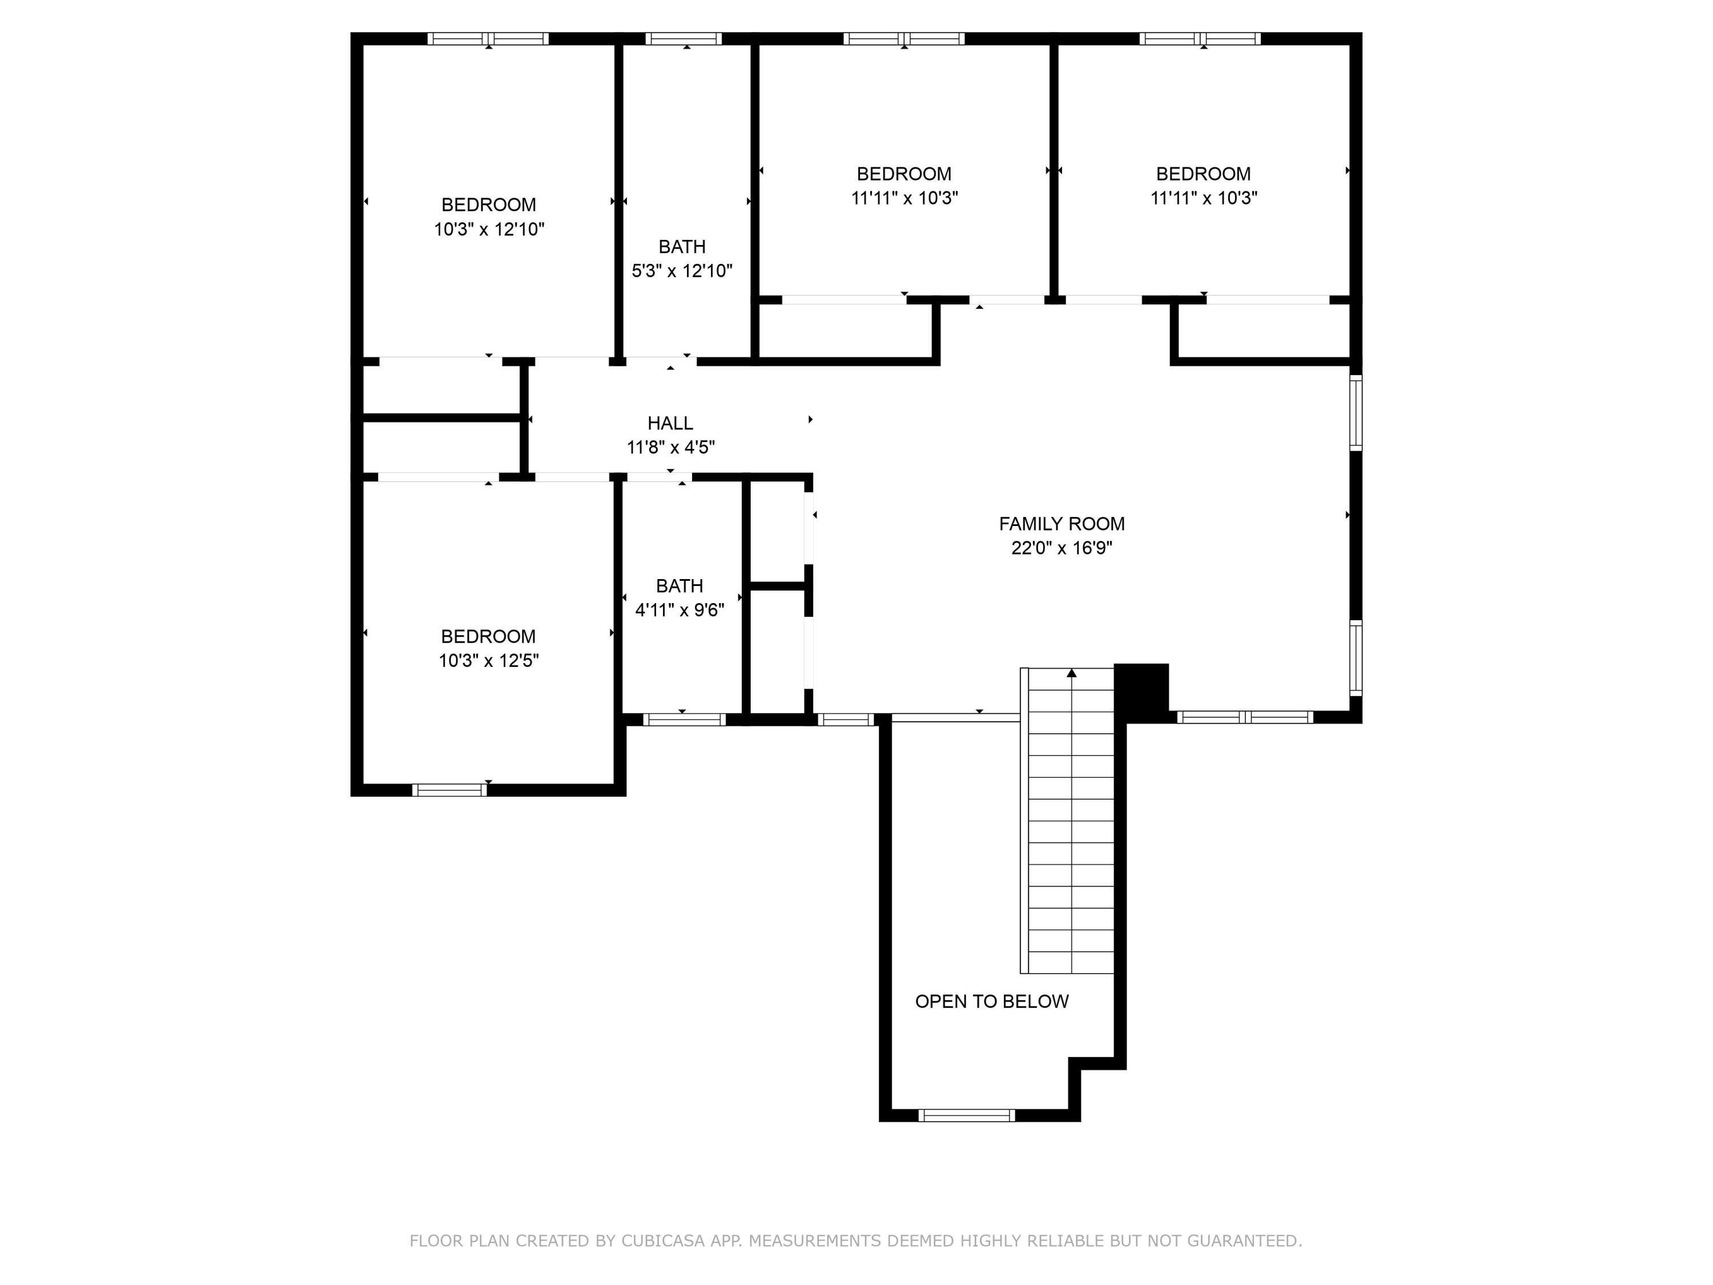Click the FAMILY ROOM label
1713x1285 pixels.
(1061, 524)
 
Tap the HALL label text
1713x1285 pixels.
(670, 423)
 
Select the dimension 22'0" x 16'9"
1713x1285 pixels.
(1061, 548)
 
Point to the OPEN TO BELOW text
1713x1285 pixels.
(991, 1002)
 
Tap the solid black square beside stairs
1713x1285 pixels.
(1141, 689)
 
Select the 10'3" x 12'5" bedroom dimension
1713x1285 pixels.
(489, 661)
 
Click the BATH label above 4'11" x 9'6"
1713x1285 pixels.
(679, 585)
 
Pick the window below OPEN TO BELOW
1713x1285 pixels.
(967, 1115)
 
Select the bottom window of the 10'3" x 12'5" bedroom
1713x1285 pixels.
(449, 790)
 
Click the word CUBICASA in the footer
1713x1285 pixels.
(663, 1241)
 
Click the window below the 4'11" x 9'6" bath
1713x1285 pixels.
(684, 720)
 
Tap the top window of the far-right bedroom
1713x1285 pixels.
(1200, 39)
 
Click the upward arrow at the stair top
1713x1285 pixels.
(1071, 673)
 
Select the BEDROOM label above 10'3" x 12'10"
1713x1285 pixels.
(489, 204)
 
